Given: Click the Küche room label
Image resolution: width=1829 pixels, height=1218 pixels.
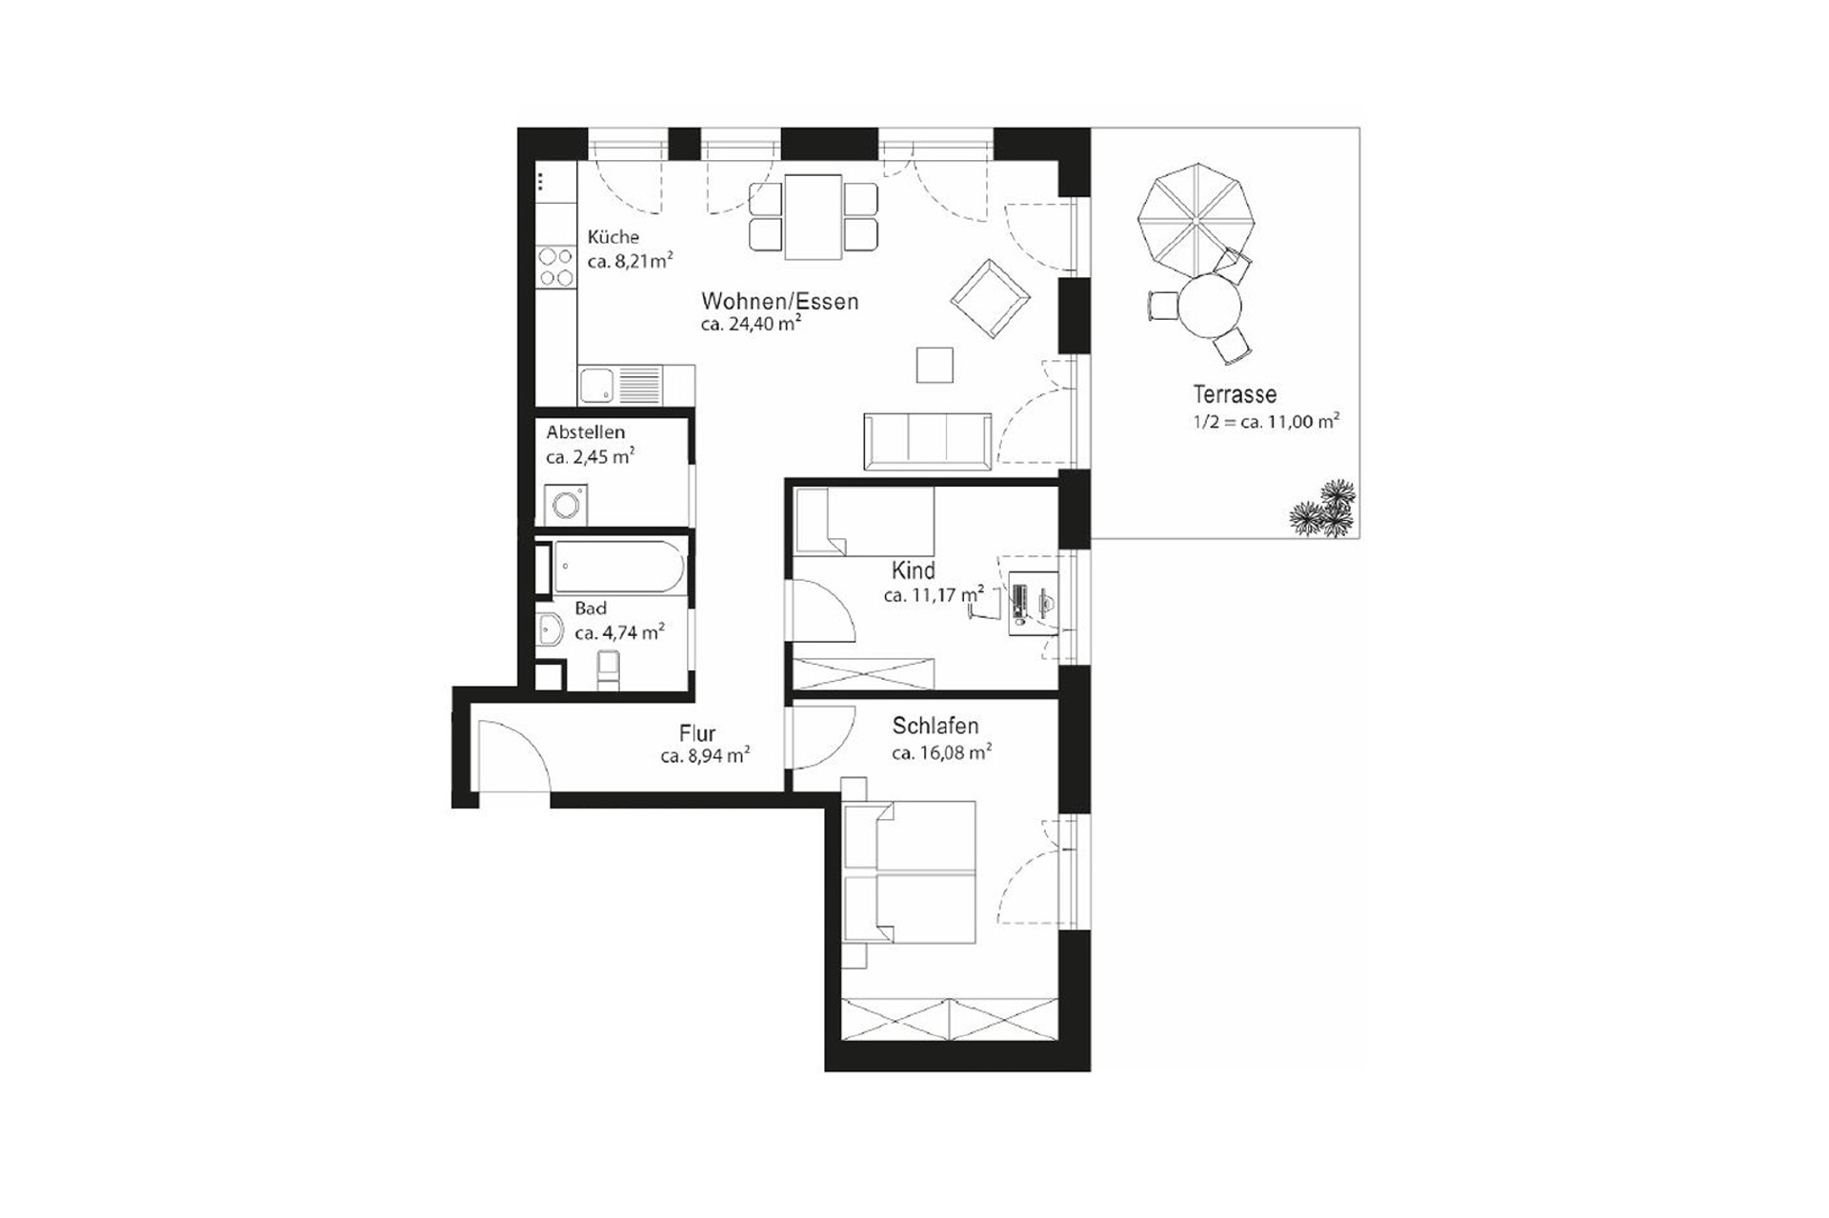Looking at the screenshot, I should point(613,237).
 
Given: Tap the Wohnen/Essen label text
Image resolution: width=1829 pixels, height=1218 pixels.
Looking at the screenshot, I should point(779,302).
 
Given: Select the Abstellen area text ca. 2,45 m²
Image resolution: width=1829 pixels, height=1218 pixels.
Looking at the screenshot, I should point(590,457).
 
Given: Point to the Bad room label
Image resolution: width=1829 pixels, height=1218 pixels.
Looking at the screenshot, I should point(591,609).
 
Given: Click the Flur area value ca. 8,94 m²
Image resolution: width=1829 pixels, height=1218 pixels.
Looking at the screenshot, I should point(705,757).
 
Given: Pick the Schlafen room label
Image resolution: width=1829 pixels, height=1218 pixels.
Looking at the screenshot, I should point(935,727).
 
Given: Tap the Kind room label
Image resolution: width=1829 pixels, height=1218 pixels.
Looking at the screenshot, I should point(913,570).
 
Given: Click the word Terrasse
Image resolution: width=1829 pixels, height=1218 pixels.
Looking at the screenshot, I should point(1235,394).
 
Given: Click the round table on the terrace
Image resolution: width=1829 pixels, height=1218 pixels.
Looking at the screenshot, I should point(1210,307).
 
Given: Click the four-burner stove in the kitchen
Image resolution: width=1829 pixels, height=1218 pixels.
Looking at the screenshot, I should point(555,268).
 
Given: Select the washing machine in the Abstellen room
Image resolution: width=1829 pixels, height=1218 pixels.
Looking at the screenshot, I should point(566,505).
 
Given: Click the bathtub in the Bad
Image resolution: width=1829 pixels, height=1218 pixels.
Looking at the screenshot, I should point(618,568).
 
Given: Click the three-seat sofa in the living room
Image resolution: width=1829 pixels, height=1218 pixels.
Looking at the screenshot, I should point(927,441).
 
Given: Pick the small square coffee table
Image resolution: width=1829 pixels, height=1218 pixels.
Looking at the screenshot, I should point(935,366).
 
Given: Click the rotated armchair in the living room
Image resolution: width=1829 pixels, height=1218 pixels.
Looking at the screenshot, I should point(990,298).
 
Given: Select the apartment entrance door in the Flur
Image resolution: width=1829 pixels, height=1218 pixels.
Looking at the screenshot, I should point(512,757).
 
